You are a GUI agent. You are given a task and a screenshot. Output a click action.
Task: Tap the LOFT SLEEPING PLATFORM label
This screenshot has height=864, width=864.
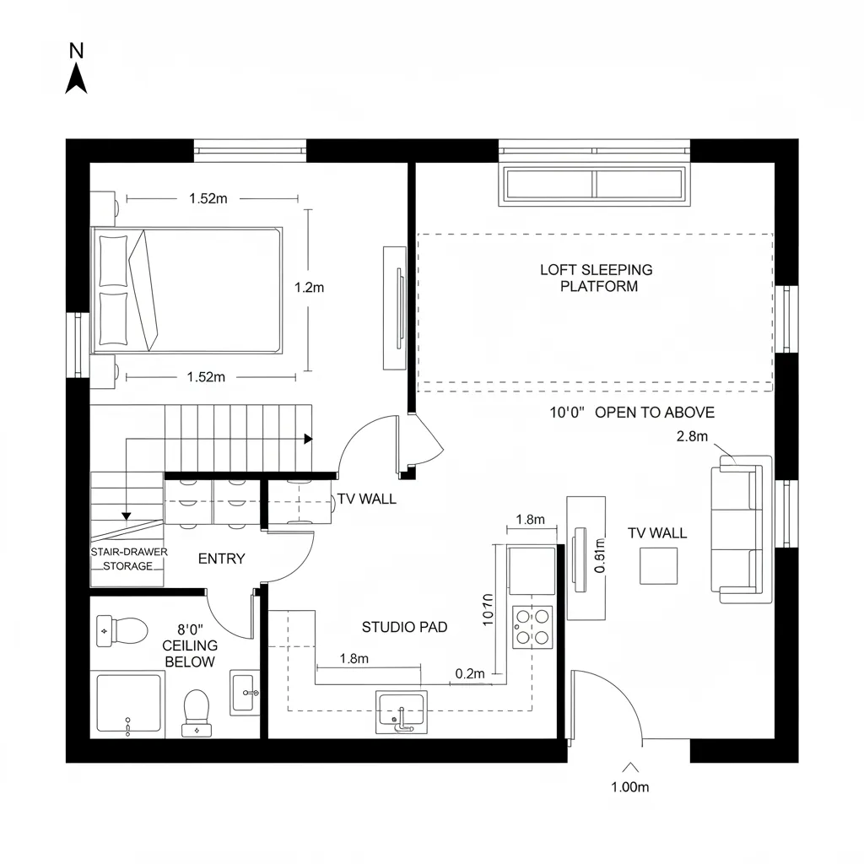(x=596, y=278)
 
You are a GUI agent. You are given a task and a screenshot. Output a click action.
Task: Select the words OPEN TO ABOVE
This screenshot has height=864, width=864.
(x=655, y=413)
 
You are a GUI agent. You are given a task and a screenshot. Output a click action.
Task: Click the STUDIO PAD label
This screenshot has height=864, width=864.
(x=404, y=627)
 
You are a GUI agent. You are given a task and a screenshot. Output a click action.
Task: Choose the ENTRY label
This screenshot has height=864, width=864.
(x=221, y=559)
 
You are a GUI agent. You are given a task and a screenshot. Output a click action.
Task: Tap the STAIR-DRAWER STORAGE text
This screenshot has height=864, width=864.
(x=128, y=559)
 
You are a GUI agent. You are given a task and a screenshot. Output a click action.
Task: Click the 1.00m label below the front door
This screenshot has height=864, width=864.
(x=629, y=788)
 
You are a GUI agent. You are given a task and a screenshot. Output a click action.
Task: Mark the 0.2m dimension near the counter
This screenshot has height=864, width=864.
(x=470, y=673)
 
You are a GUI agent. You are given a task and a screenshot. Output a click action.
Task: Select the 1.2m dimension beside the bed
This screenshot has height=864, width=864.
(x=309, y=287)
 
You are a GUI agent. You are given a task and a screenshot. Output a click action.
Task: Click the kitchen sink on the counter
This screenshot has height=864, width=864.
(x=401, y=711)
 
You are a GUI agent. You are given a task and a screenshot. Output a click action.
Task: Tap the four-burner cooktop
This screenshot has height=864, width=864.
(x=532, y=627)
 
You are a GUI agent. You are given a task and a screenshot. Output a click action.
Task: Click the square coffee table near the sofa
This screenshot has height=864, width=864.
(x=658, y=565)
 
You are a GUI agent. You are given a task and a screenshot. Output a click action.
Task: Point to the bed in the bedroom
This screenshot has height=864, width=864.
(x=187, y=290)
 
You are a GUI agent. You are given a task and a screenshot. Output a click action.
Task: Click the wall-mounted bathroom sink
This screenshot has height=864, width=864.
(x=245, y=693)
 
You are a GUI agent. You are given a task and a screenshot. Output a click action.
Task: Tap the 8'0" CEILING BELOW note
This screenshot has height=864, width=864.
(x=190, y=645)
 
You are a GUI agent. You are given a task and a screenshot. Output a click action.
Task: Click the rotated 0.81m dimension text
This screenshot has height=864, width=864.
(x=600, y=556)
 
